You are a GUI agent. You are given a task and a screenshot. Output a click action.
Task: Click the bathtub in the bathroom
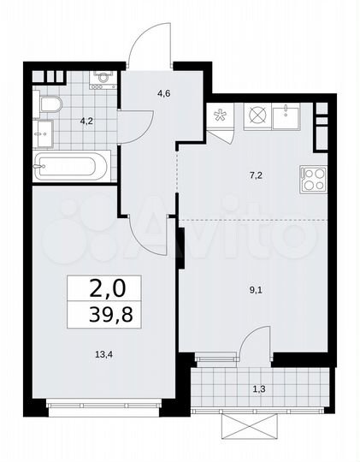click(x=72, y=166)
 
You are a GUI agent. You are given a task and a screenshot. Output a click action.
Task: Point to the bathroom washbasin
click(x=43, y=133)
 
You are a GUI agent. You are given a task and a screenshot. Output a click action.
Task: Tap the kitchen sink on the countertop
click(x=285, y=115)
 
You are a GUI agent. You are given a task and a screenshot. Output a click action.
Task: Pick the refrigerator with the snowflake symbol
click(x=218, y=116)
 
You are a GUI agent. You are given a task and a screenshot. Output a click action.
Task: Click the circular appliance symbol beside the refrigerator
click(x=257, y=116)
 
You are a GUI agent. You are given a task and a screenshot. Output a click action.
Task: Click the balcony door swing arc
click(x=252, y=345)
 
